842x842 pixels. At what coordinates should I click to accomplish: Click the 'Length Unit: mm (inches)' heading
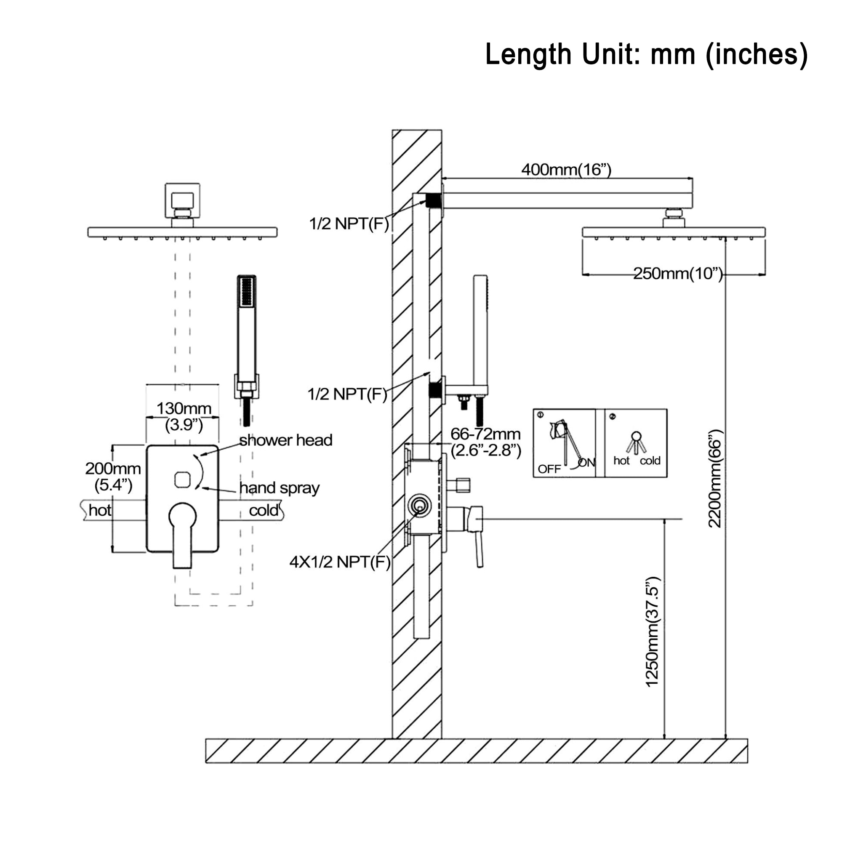[646, 54]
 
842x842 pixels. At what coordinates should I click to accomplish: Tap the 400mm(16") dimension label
[566, 170]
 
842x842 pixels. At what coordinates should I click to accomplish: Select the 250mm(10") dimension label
[678, 274]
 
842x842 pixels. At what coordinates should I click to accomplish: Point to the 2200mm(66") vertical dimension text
[715, 479]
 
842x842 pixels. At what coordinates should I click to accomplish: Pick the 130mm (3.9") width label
[184, 416]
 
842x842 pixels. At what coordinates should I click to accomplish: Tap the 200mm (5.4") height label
[113, 476]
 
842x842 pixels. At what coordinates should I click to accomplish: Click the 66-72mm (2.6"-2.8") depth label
[485, 442]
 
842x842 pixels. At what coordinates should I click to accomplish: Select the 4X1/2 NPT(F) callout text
[340, 562]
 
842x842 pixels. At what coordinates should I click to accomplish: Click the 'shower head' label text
[286, 440]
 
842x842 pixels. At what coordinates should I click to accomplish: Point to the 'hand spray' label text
[280, 488]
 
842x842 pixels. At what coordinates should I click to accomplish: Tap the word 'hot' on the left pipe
[99, 510]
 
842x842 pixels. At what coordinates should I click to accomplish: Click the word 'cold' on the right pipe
[263, 510]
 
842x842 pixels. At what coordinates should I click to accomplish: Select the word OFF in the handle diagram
[549, 469]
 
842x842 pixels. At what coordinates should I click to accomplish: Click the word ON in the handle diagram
[586, 463]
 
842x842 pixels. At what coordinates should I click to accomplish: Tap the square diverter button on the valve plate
[182, 480]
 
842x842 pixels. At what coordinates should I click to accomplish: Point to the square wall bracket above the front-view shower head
[182, 200]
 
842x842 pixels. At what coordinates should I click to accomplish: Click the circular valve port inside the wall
[419, 506]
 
